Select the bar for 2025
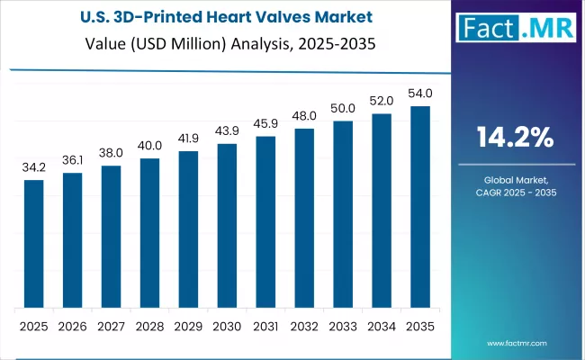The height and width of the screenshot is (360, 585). (33, 243)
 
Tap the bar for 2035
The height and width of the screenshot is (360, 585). (420, 206)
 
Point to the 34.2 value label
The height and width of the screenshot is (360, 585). (33, 167)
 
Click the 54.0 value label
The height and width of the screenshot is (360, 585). (420, 94)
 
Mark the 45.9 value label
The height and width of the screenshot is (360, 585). (265, 123)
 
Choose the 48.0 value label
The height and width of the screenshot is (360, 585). (304, 116)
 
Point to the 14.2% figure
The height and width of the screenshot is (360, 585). (515, 138)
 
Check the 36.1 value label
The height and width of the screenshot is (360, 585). (72, 160)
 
